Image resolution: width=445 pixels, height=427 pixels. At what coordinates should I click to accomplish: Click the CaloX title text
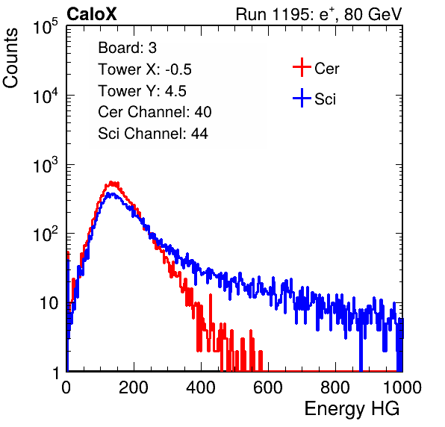click(x=92, y=14)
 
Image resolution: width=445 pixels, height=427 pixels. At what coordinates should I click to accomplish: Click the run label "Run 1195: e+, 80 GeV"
click(x=319, y=14)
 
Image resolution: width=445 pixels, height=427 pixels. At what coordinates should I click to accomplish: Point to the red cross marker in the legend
click(x=302, y=67)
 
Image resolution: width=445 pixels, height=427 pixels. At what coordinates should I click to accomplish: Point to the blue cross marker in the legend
click(x=302, y=98)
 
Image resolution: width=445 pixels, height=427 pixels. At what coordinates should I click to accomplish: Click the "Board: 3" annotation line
click(x=127, y=48)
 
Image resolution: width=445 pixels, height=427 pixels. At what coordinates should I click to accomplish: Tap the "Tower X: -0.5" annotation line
click(x=145, y=69)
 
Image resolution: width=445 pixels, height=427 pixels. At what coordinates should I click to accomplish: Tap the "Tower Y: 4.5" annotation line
click(x=142, y=91)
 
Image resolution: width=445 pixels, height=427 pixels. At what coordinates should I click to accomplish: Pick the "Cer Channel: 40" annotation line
click(x=155, y=112)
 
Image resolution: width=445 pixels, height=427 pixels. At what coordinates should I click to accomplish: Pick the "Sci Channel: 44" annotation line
click(x=153, y=134)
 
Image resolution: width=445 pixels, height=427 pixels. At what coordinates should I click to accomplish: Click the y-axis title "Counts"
click(x=10, y=58)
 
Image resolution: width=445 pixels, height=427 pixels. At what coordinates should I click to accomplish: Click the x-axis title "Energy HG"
click(x=352, y=409)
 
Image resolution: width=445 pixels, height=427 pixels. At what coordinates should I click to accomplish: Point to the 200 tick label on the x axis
click(x=134, y=387)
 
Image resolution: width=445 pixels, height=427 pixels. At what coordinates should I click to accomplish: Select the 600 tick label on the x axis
click(x=268, y=387)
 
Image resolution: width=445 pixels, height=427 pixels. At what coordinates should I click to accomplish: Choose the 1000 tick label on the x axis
click(x=402, y=387)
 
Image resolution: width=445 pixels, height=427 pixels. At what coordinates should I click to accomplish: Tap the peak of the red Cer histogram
click(x=112, y=182)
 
